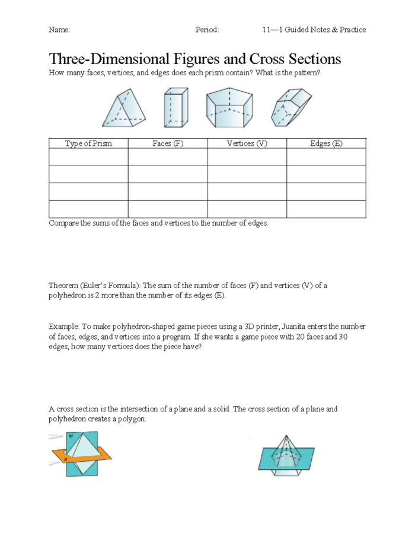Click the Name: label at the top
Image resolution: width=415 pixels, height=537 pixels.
pyautogui.click(x=59, y=30)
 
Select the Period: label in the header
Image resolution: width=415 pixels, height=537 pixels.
pyautogui.click(x=207, y=30)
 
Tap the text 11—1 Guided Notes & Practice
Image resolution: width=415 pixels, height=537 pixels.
pyautogui.click(x=314, y=30)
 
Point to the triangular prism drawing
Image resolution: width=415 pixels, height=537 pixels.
pyautogui.click(x=123, y=108)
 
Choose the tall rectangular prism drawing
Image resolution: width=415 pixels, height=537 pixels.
pyautogui.click(x=176, y=108)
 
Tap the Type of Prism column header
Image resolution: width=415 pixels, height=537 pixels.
pyautogui.click(x=88, y=143)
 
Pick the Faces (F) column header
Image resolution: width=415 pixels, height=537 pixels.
pyautogui.click(x=168, y=143)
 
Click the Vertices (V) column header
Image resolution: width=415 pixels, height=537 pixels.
pyautogui.click(x=247, y=143)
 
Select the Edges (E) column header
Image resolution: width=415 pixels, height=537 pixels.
pyautogui.click(x=326, y=143)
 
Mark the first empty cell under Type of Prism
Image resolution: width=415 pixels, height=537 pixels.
pyautogui.click(x=88, y=157)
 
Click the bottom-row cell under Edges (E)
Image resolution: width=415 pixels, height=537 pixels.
pyautogui.click(x=326, y=209)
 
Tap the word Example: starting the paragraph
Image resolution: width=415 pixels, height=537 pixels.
pyautogui.click(x=64, y=327)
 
